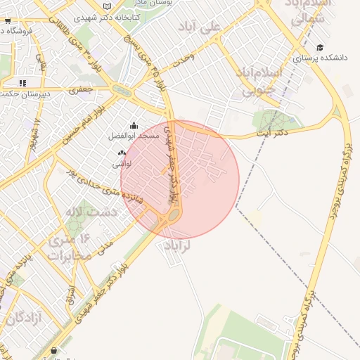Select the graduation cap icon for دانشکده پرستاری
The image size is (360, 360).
pyautogui.click(x=320, y=48)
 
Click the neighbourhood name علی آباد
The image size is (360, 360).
pyautogui.click(x=220, y=26)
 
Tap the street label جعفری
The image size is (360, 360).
pyautogui.click(x=82, y=91)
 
